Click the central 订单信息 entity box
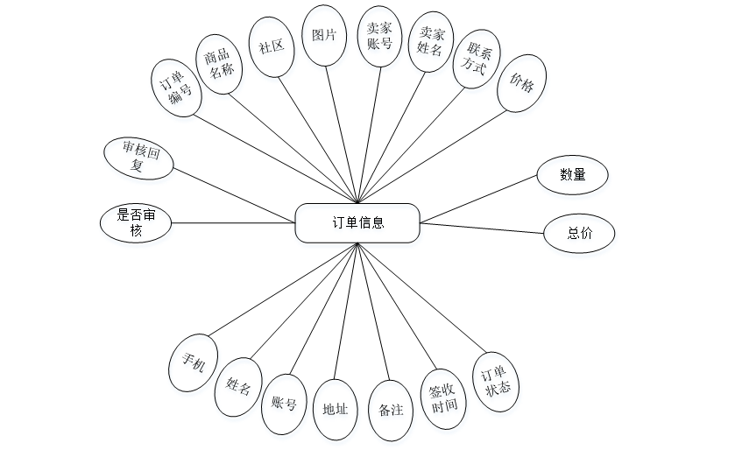(358, 222)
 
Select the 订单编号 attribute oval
(175, 88)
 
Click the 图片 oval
(323, 36)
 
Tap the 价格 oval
(521, 83)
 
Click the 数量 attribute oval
(572, 175)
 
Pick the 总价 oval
(578, 234)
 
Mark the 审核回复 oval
(139, 158)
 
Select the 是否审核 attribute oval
(136, 222)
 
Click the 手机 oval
(194, 361)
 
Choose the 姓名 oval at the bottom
(239, 385)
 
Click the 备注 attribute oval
(391, 409)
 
